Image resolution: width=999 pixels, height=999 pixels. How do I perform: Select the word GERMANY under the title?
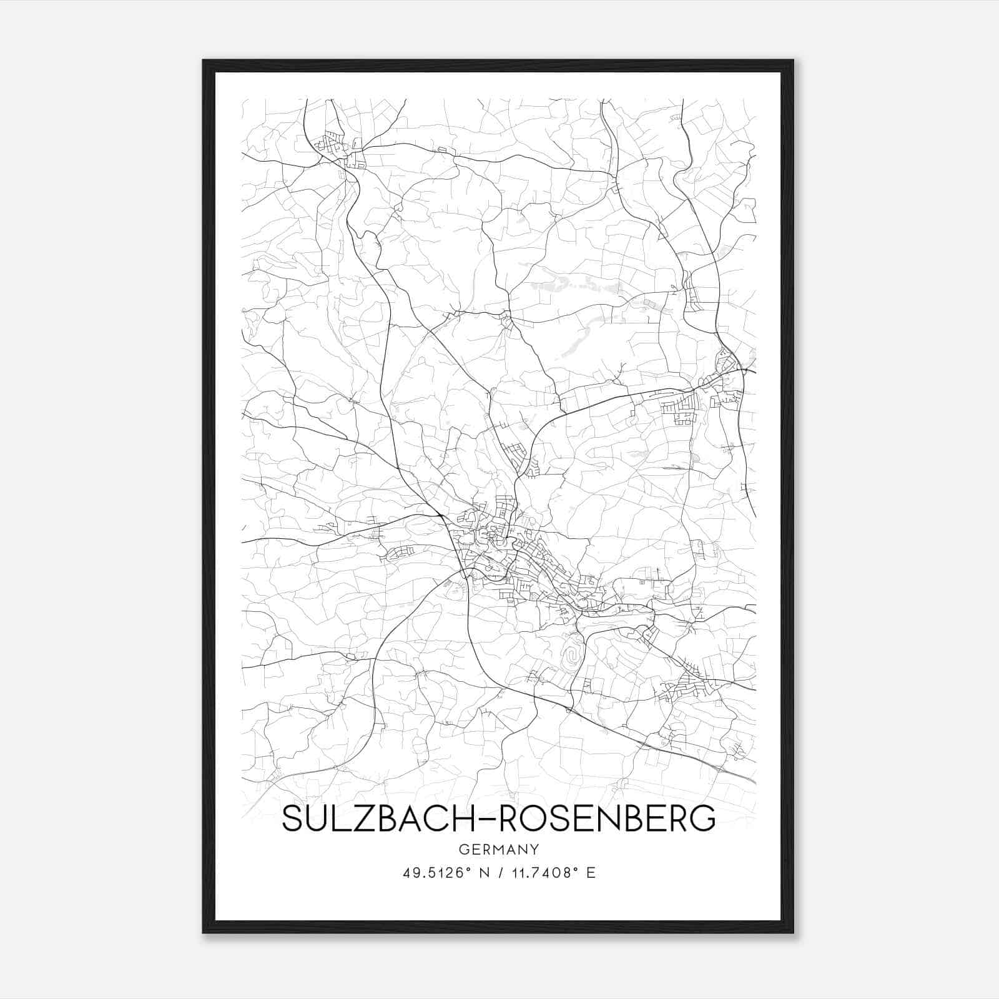499,849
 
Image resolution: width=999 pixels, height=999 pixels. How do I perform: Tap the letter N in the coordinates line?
481,872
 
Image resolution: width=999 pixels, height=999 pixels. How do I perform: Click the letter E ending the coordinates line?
591,872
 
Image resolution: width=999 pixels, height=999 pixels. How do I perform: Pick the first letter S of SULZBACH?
292,819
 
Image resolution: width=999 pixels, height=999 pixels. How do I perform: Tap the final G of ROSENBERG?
704,819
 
